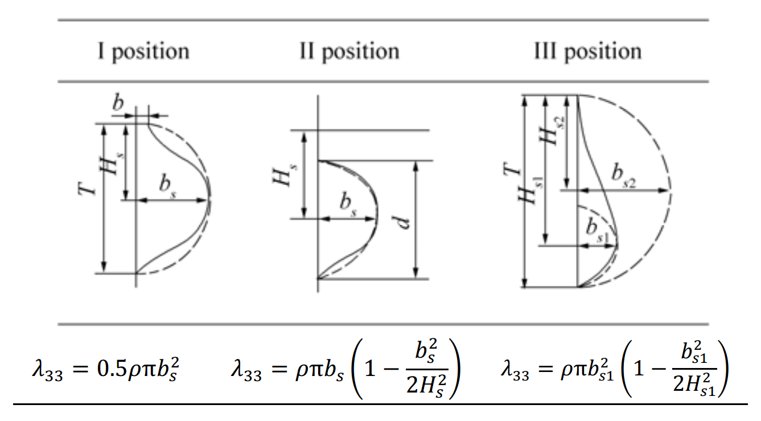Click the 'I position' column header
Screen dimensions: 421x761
tap(142, 52)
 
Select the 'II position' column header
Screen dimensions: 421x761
tap(349, 52)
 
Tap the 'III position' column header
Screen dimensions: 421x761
tap(587, 52)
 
